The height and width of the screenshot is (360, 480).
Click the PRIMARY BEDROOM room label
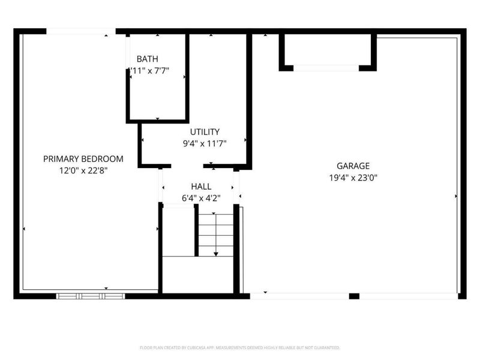[x=83, y=159]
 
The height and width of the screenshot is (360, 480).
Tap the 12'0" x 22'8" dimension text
[x=83, y=170]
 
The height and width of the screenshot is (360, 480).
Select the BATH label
[x=147, y=59]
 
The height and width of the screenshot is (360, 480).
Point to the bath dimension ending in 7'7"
[x=150, y=70]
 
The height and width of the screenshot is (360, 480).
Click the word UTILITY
[x=205, y=132]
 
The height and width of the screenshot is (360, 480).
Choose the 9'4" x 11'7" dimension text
[x=205, y=143]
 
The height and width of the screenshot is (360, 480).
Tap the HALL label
[x=201, y=187]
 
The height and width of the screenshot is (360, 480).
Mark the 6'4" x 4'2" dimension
[x=201, y=197]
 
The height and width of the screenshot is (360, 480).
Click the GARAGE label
[x=353, y=166]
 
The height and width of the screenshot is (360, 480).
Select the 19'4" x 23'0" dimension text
[x=353, y=178]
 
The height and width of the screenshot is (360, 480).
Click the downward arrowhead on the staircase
[x=215, y=253]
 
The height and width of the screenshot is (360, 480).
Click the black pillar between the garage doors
[x=354, y=296]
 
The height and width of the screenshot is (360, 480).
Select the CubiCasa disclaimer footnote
[x=240, y=347]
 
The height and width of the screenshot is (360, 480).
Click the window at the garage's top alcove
[x=326, y=68]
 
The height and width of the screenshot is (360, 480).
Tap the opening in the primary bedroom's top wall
[x=81, y=31]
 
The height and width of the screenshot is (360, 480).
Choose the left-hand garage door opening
[x=299, y=296]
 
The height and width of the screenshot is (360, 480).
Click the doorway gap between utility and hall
[x=187, y=166]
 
